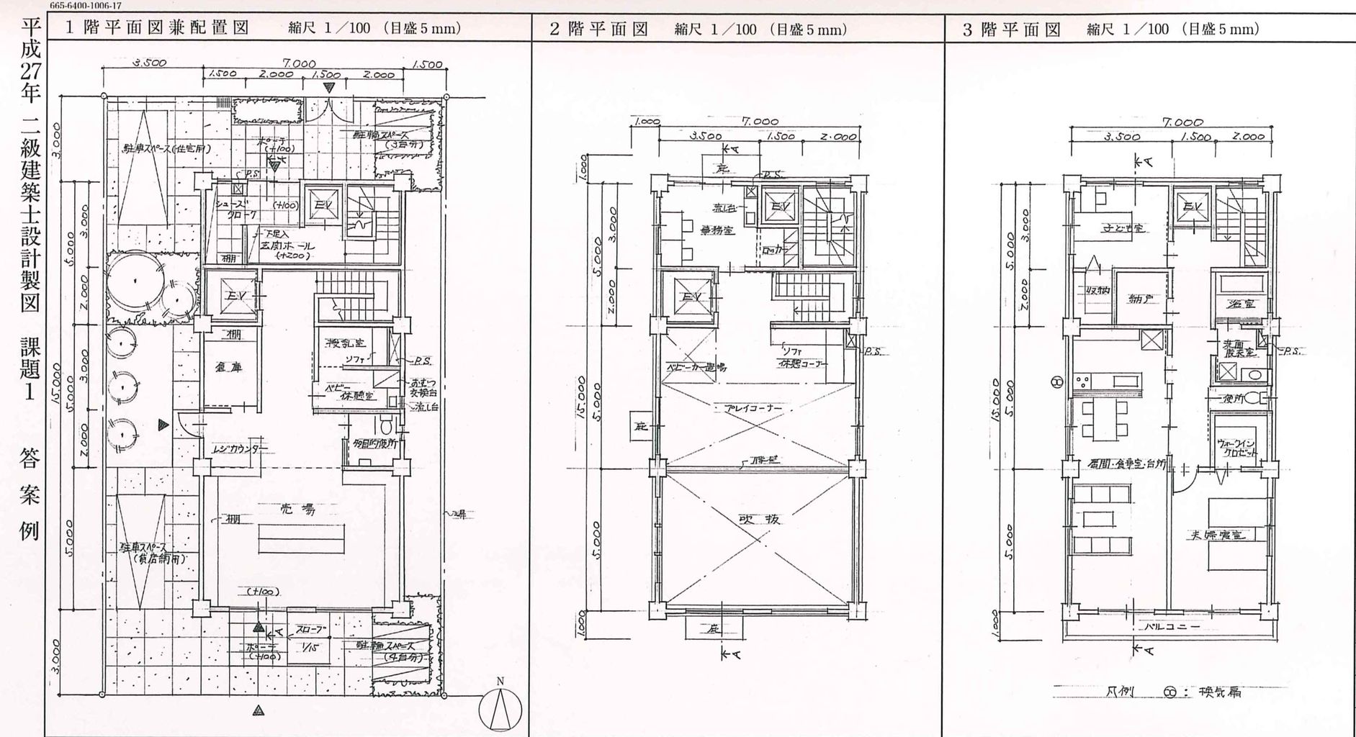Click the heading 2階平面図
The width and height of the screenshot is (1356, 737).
pyautogui.click(x=598, y=29)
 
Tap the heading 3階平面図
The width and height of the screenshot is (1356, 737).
pyautogui.click(x=1012, y=29)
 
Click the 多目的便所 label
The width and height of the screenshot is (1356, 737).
pyautogui.click(x=372, y=445)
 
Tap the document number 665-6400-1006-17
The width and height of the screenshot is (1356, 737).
pyautogui.click(x=86, y=5)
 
